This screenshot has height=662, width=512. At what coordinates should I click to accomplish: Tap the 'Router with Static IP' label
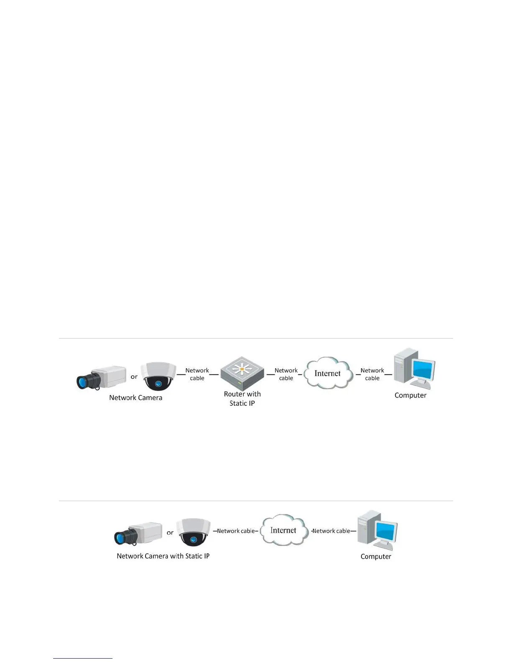point(242,399)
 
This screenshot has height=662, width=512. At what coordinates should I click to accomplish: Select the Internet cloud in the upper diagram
point(328,373)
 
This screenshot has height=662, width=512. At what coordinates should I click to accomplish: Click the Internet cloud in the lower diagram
point(283,530)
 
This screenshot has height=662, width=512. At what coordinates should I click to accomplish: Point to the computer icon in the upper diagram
point(414,368)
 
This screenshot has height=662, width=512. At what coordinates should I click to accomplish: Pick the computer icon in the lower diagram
point(377,530)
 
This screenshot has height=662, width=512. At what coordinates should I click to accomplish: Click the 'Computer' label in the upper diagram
point(410,395)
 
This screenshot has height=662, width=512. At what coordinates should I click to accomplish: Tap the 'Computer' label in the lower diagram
point(376,557)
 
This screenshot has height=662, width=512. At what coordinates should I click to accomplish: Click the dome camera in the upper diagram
point(158,376)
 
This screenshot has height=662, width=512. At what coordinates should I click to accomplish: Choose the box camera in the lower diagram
point(138,533)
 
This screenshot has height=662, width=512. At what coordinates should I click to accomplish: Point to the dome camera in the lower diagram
point(193,532)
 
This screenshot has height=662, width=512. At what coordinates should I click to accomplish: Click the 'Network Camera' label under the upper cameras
point(136,398)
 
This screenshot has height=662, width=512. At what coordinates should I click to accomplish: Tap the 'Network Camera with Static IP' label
point(163,556)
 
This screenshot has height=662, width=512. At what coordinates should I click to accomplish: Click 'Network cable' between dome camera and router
point(197,374)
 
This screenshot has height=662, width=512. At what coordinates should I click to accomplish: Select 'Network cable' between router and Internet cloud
point(286,374)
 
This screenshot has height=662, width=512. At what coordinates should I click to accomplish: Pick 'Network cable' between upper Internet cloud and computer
point(372,374)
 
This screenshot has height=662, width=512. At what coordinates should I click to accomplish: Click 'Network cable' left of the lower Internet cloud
point(236,531)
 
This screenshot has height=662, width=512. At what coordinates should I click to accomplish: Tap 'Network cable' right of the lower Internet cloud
point(331,531)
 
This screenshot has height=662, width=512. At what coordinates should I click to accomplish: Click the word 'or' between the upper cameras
point(134,377)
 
